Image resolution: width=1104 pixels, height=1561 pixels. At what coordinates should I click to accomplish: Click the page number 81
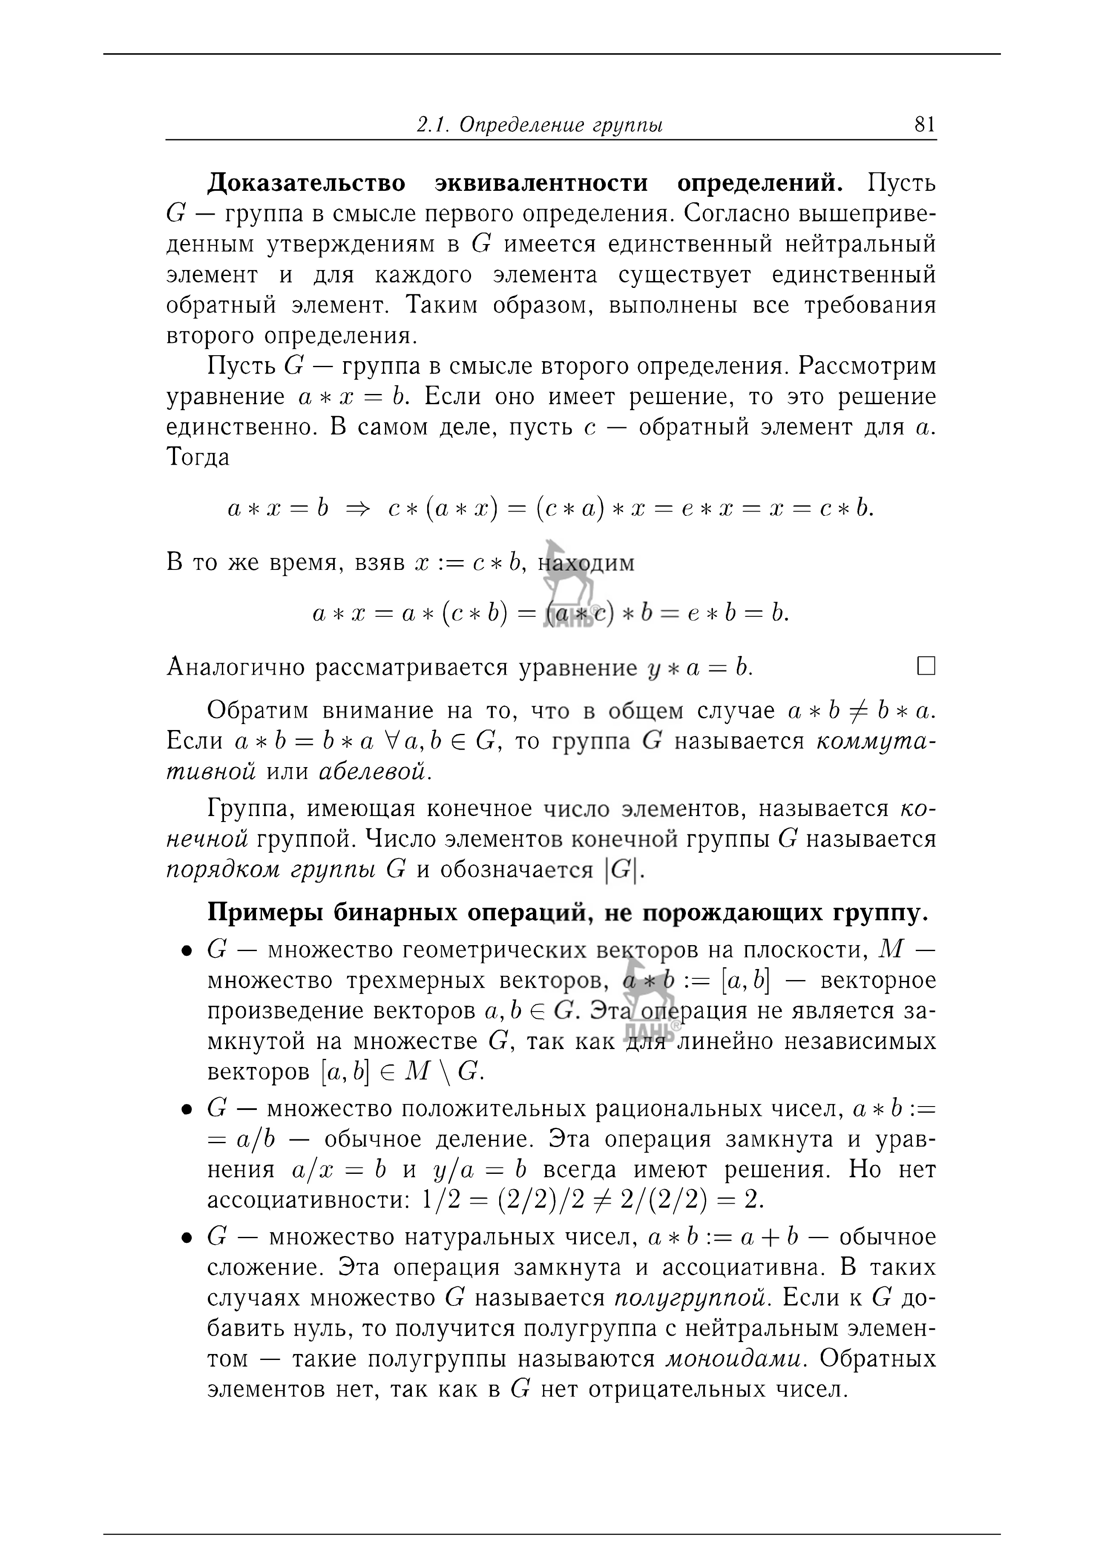pos(925,124)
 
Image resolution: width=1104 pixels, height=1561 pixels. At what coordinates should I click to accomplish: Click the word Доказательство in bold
pos(306,184)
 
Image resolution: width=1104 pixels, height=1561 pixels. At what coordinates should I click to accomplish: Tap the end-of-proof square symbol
pos(926,666)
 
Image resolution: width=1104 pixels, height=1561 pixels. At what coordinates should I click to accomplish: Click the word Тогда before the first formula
pos(198,457)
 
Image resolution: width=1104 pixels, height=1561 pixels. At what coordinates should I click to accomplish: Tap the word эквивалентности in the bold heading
pos(541,184)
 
